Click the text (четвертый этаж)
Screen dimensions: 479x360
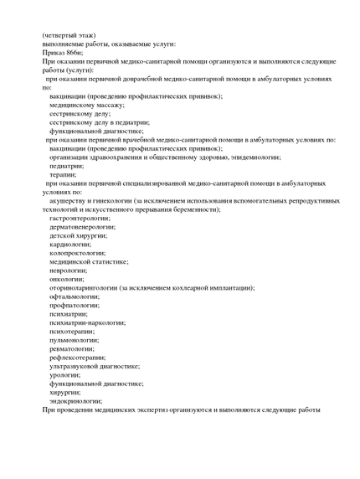[x=68, y=34]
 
